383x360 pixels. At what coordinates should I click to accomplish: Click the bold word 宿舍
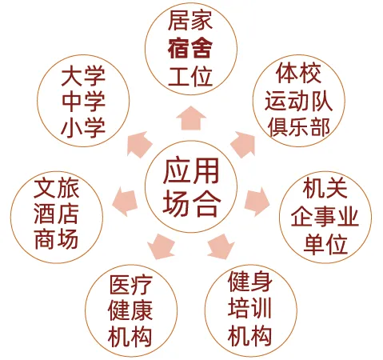coord(190,49)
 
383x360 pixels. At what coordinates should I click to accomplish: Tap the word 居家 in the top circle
coord(190,20)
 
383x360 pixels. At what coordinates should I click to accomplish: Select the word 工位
coord(190,77)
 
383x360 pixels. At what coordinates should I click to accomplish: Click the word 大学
coord(83,77)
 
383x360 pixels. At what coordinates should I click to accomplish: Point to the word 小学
coord(83,128)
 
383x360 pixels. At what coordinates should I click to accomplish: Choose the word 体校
coord(298,73)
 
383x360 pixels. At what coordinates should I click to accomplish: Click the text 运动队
coord(298,101)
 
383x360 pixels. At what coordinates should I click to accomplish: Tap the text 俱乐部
coord(298,127)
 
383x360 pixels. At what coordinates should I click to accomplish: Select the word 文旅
coord(57,188)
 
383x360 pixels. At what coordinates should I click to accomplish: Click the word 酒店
coord(57,214)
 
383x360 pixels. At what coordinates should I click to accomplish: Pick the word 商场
coord(57,239)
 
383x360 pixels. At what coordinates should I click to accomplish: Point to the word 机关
coord(325,188)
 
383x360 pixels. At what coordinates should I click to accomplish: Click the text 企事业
coord(325,217)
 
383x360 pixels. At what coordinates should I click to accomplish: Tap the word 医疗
coord(130,285)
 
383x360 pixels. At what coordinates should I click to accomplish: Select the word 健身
coord(250,282)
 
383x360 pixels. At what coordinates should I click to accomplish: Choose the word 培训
coord(250,308)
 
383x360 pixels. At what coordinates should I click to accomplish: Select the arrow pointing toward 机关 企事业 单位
coord(257,201)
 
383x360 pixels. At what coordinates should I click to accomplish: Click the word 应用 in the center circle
coord(191,171)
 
